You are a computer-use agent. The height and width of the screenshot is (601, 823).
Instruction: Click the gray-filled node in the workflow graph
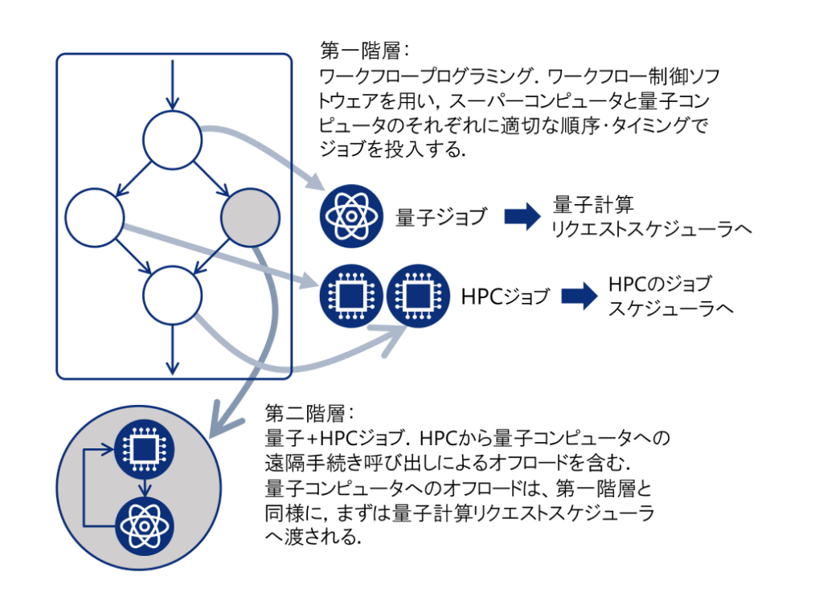point(250,218)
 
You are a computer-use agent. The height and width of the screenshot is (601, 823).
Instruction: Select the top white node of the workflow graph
point(172,139)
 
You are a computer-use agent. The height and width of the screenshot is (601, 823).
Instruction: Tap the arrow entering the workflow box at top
point(172,84)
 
